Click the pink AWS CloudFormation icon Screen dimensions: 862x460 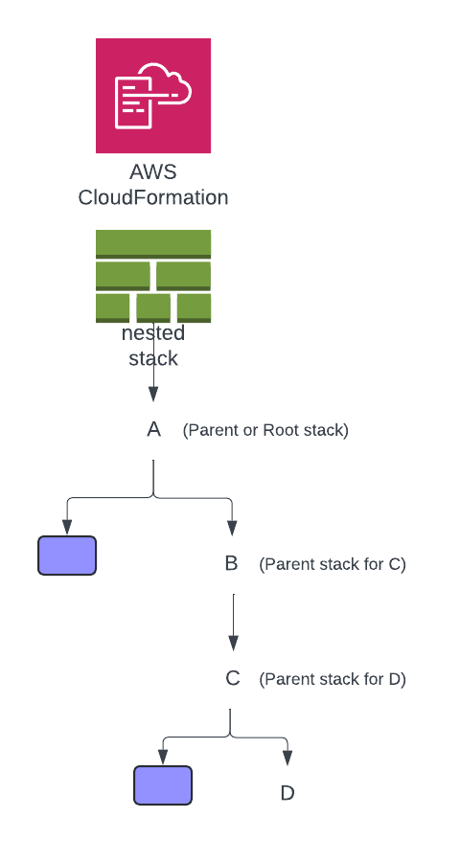pyautogui.click(x=153, y=96)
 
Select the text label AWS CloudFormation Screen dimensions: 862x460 pyautogui.click(x=153, y=186)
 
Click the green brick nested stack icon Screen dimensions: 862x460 pyautogui.click(x=153, y=276)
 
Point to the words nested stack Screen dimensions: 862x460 pyautogui.click(x=153, y=346)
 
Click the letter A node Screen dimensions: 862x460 pyautogui.click(x=153, y=429)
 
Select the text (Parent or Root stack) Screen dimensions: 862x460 pyautogui.click(x=265, y=430)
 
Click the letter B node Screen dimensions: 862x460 pyautogui.click(x=231, y=563)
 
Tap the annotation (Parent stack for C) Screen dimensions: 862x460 pyautogui.click(x=333, y=564)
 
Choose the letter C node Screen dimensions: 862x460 pyautogui.click(x=232, y=678)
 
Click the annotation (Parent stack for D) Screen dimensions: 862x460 pyautogui.click(x=333, y=679)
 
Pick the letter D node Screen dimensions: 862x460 pyautogui.click(x=287, y=793)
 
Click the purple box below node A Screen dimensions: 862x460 pyautogui.click(x=67, y=556)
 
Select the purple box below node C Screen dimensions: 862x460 pyautogui.click(x=163, y=785)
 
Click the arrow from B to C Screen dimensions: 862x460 pyautogui.click(x=233, y=622)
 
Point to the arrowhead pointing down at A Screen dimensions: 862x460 pyautogui.click(x=153, y=395)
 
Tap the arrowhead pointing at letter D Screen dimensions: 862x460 pyautogui.click(x=287, y=759)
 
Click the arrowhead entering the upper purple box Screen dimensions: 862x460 pyautogui.click(x=67, y=527)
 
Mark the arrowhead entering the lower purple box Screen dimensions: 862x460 pyautogui.click(x=163, y=758)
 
